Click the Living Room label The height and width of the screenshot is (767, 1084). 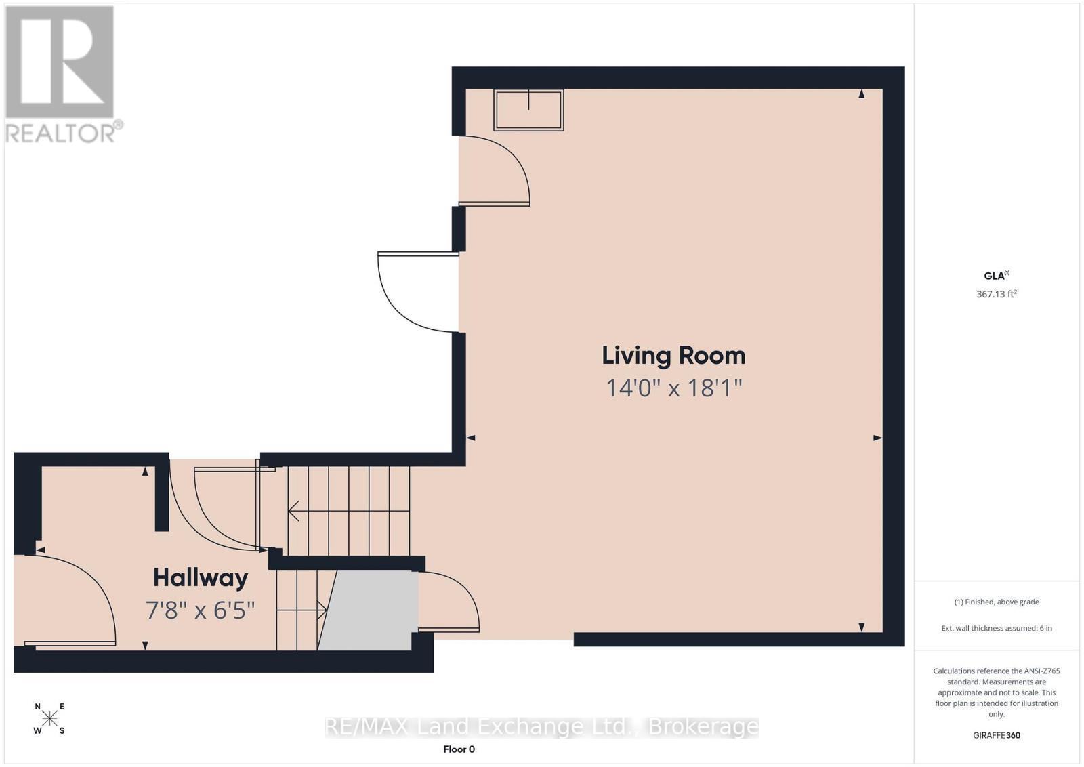(x=673, y=356)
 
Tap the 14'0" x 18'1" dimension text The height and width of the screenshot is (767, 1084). (x=673, y=388)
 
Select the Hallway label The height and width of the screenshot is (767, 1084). (x=201, y=577)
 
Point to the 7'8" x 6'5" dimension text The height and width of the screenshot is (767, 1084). (x=200, y=610)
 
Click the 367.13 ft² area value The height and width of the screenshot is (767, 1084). (x=996, y=294)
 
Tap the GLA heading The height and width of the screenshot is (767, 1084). (x=996, y=275)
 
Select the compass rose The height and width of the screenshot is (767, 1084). (x=49, y=718)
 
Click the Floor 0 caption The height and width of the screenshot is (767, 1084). (x=459, y=749)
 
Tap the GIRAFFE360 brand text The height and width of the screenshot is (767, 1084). (x=997, y=735)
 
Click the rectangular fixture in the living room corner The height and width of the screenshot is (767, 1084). (x=528, y=110)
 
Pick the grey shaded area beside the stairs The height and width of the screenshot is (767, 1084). (x=369, y=610)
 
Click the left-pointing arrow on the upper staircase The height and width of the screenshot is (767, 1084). (x=349, y=510)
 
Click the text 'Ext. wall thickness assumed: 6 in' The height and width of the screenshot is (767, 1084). (x=997, y=628)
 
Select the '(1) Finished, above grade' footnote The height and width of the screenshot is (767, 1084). (x=997, y=602)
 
